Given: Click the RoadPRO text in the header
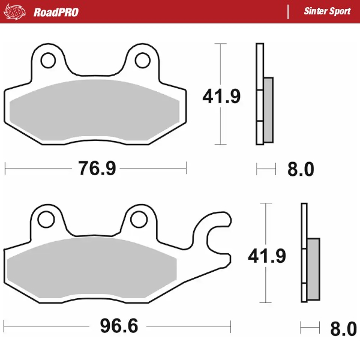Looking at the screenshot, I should pos(56,12).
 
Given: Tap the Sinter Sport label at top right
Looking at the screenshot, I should pos(327,12).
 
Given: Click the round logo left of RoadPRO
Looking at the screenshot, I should pos(17,12).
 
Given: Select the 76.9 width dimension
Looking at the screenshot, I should pos(97,169).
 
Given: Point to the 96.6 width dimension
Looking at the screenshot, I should pos(118,327).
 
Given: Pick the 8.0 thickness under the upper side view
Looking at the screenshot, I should pos(301,170).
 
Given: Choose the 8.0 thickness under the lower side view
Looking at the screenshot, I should pos(343,328).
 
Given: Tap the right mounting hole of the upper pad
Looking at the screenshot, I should pos(142,61).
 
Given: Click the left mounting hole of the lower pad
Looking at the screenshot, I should pos(45,219).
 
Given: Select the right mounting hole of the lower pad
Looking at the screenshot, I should pos(139,219).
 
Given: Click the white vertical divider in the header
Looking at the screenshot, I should pos(289,12).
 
